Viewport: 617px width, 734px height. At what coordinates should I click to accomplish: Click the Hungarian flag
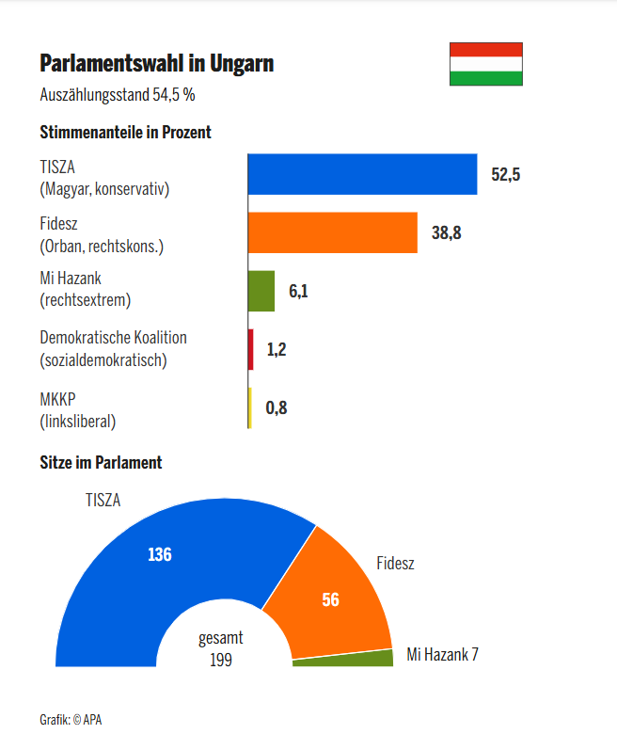coord(485,64)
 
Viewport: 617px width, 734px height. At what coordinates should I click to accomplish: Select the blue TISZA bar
coord(362,174)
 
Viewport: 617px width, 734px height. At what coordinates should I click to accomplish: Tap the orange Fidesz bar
coord(332,232)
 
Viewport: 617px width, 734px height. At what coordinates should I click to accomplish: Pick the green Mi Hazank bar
coord(261,291)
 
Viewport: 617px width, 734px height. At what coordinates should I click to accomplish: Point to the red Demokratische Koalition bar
coord(250,349)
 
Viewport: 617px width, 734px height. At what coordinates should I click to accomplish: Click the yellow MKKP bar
coord(249,407)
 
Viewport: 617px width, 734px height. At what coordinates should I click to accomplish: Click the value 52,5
coord(506,175)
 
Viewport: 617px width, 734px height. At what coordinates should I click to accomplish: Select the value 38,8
coord(447,233)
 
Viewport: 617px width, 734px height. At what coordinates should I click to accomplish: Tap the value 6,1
coord(298,292)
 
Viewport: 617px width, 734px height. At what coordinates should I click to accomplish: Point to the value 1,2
coord(277,350)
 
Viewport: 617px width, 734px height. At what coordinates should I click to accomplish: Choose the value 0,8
coord(276,408)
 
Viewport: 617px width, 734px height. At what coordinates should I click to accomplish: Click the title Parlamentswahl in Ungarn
coord(157,64)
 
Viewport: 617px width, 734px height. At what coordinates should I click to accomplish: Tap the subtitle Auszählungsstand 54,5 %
coord(118,94)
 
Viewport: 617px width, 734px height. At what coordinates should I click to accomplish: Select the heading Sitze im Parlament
coord(101,462)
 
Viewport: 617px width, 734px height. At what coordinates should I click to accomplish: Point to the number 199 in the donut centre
coord(221,660)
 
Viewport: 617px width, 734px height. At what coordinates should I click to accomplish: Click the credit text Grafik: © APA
coord(71,719)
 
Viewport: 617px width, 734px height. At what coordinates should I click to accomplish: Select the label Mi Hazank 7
coord(442,654)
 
